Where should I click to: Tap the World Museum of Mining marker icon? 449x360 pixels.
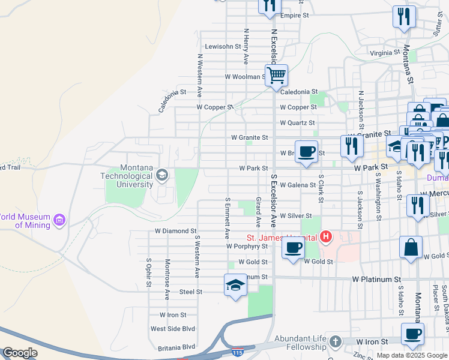pos(59,221)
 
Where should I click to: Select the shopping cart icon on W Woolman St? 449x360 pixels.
pos(276,76)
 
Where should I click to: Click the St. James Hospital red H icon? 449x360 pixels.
pos(325,237)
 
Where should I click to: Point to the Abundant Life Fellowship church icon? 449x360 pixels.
pos(336,341)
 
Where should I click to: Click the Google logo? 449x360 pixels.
pos(20,353)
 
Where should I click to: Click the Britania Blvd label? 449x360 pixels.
pos(177,347)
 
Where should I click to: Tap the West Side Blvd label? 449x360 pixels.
pos(173,329)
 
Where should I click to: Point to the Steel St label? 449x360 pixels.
pos(191,292)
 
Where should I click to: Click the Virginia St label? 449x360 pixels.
pos(385,53)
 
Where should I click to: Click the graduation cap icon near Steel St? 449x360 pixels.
pos(235,285)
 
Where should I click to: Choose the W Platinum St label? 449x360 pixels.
pos(376,280)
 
